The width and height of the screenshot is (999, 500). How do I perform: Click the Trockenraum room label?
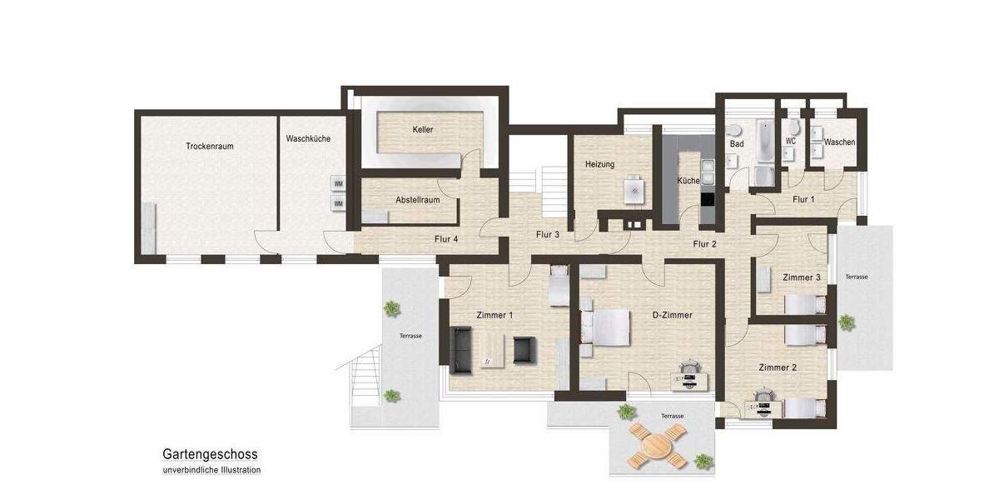(x=209, y=146)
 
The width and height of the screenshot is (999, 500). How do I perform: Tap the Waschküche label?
(x=307, y=138)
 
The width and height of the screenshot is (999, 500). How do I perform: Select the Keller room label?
(x=422, y=130)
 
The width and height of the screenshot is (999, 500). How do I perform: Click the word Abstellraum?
(x=417, y=200)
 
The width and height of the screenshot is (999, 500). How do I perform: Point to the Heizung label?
(x=599, y=164)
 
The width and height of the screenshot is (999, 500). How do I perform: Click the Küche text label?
(x=688, y=180)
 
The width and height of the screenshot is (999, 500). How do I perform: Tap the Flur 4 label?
(x=446, y=239)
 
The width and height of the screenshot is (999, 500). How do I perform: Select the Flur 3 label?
(x=546, y=235)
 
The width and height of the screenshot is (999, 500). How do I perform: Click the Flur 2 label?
(x=705, y=244)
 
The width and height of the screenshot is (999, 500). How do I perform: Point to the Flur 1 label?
(x=803, y=199)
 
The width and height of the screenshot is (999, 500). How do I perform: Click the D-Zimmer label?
(x=672, y=315)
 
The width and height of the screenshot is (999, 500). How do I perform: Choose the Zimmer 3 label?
(x=801, y=277)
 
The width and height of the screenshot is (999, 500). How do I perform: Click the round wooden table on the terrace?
(x=654, y=444)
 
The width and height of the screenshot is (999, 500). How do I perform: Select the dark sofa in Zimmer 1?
(x=460, y=349)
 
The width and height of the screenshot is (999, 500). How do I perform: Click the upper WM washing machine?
(x=338, y=184)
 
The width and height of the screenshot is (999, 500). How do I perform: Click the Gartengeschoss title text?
(x=210, y=454)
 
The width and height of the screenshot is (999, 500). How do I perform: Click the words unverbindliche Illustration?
(x=211, y=470)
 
